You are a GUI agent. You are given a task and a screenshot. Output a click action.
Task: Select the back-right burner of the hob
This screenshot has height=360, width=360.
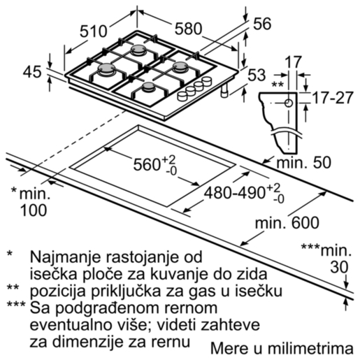coord(180,69)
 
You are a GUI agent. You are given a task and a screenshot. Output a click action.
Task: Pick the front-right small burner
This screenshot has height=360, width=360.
coord(149,87)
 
